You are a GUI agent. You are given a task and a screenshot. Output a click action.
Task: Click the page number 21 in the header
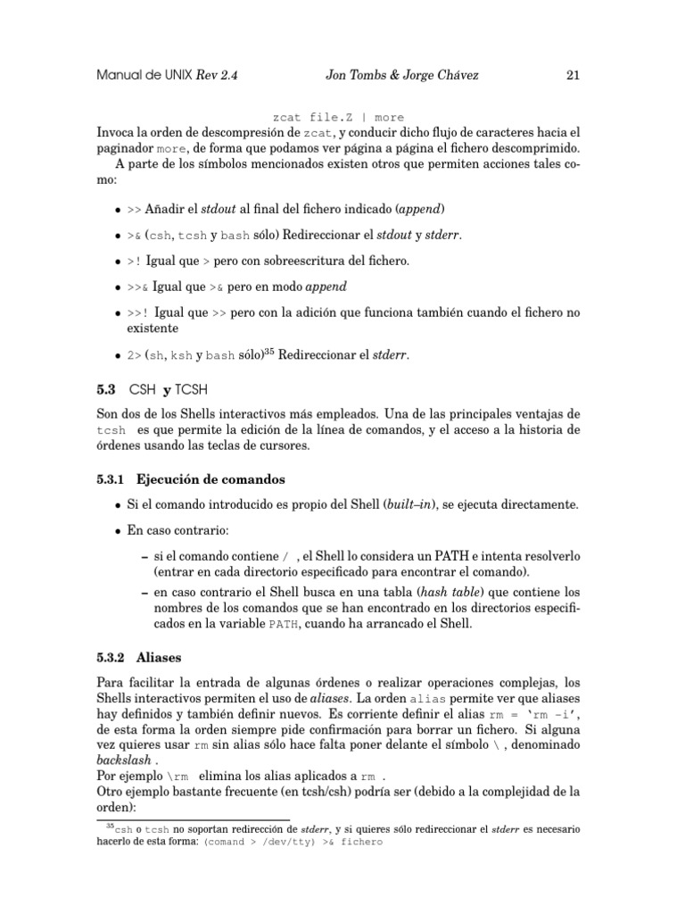573,76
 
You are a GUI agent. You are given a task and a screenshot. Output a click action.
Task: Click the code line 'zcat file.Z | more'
338,117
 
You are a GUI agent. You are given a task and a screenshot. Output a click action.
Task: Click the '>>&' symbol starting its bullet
138,287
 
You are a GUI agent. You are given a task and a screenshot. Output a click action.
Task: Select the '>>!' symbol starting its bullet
138,313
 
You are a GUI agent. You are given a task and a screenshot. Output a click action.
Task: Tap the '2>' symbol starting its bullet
135,354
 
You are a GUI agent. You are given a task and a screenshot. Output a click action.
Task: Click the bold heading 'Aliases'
157,658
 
